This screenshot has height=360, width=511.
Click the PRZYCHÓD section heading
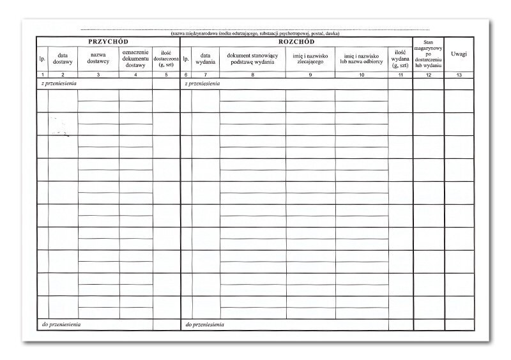tap(108, 41)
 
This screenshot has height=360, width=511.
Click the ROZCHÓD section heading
tap(296, 41)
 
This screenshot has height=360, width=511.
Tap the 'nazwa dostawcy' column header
tap(98, 59)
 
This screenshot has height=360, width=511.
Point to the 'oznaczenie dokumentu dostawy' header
tap(135, 59)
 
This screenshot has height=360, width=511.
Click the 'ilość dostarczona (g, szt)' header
tap(166, 59)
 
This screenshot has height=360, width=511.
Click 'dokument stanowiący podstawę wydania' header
tap(252, 59)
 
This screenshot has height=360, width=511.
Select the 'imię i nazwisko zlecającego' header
tap(310, 59)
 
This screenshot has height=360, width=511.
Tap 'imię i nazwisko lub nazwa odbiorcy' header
tap(361, 59)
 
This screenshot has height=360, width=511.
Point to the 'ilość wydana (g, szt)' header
tap(400, 59)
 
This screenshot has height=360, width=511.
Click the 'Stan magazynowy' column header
tap(428, 54)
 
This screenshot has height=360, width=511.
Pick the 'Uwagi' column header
tap(459, 54)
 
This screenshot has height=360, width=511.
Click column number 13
tap(459, 75)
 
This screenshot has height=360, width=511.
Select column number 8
tap(252, 75)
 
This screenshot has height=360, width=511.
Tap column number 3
tap(98, 75)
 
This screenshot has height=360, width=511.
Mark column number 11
tap(400, 75)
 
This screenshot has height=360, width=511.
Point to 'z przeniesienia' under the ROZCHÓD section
tap(202, 84)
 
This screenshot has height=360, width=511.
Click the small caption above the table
tap(255, 33)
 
